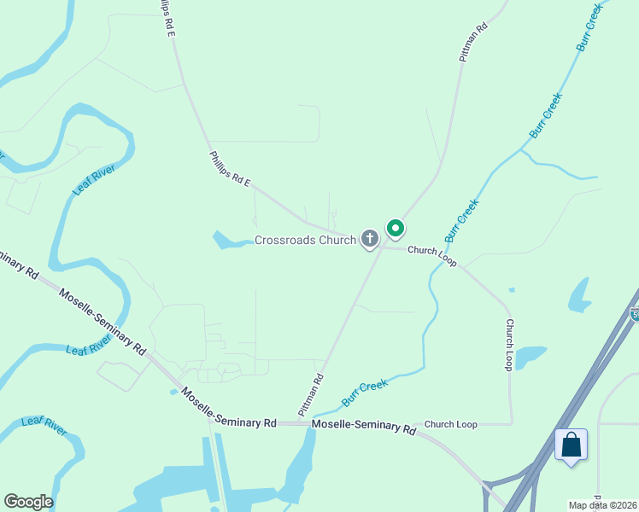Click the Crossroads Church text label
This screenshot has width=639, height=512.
coord(305,241)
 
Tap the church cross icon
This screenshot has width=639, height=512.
coord(370,239)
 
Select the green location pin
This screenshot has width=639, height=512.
coord(395,229)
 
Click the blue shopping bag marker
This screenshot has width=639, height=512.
coord(571,445)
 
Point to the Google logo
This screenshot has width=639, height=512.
coord(28,502)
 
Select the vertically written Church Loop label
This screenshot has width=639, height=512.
coord(509,345)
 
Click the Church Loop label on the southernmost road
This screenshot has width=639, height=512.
coord(450,424)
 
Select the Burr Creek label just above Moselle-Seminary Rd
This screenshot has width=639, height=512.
coord(365,393)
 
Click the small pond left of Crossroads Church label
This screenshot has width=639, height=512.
coord(227,241)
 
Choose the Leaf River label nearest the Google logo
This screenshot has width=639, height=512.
coord(44,427)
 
